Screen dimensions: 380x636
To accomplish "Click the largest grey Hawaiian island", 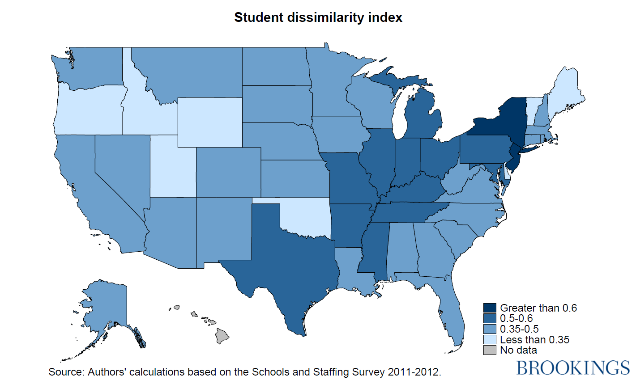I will click(222, 336).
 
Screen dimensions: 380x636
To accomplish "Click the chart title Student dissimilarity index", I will click(318, 17).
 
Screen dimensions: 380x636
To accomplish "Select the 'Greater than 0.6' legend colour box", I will click(490, 308).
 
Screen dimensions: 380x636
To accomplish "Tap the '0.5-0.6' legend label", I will click(516, 319).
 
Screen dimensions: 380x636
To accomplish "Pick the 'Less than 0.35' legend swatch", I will click(490, 340).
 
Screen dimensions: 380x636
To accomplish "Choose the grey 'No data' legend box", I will click(490, 350).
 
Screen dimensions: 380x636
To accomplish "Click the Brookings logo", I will click(573, 367).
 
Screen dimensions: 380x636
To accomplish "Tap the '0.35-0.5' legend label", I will click(519, 329).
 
